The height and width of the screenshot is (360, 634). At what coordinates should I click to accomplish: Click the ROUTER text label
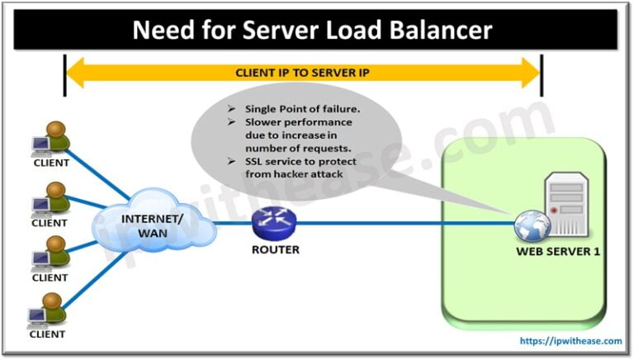coord(276,249)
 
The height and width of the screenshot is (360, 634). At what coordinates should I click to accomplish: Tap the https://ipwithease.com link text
coord(570,340)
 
